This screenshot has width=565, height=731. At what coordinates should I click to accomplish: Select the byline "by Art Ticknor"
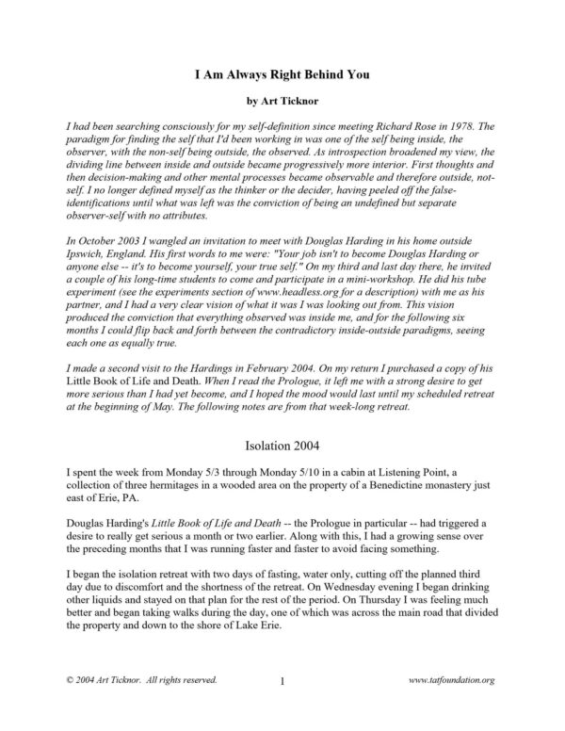282,97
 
